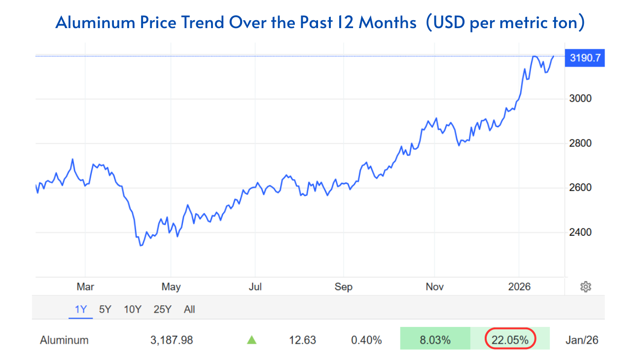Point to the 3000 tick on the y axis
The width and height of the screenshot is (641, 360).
(x=580, y=99)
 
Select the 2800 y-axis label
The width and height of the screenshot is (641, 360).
(x=580, y=144)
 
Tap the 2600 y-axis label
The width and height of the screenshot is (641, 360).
(x=580, y=188)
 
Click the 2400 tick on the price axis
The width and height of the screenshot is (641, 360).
(x=580, y=232)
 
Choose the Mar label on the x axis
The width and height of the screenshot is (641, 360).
(x=85, y=287)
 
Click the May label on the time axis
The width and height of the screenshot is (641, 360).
(x=171, y=287)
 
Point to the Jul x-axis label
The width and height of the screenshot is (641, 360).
(x=255, y=287)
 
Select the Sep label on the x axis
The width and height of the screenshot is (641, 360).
(x=343, y=287)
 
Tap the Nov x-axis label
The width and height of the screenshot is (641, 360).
(x=434, y=287)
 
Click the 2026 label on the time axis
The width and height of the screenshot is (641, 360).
(x=519, y=287)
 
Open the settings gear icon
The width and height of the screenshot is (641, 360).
(x=586, y=287)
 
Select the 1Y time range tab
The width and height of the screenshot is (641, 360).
(x=80, y=310)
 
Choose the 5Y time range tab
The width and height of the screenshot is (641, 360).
(x=105, y=310)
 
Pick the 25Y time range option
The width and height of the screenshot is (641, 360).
(x=162, y=310)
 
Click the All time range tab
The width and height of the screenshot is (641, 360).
(x=189, y=310)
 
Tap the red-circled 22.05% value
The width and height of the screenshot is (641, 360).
(x=510, y=340)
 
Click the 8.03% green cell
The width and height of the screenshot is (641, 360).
(x=434, y=340)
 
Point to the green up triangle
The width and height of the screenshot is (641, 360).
(x=251, y=340)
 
